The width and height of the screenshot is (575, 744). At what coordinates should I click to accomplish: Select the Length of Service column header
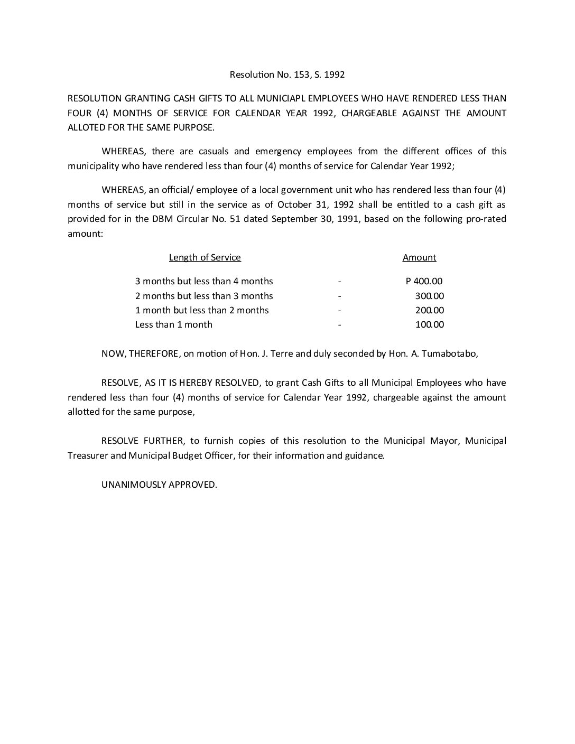tap(205, 257)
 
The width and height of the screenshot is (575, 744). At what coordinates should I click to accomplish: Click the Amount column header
tap(419, 257)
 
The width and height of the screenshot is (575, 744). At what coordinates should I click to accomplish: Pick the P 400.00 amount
tap(424, 281)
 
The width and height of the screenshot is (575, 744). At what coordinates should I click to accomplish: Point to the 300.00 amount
tap(429, 296)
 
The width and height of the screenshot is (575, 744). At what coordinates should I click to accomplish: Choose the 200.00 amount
tap(429, 310)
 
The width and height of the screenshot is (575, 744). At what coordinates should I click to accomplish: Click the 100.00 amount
tap(429, 324)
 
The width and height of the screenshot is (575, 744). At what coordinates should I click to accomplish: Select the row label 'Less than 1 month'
tap(173, 324)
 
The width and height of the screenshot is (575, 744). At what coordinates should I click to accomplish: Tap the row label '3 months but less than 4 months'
tap(204, 281)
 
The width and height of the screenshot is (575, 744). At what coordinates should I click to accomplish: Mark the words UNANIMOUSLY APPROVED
tap(159, 485)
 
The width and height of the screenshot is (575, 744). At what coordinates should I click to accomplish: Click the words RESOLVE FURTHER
tap(134, 441)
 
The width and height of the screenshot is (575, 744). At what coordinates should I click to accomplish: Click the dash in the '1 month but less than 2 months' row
tap(340, 310)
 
